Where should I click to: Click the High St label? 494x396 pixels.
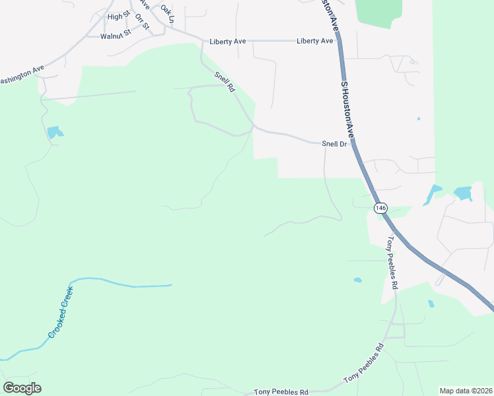point(119,16)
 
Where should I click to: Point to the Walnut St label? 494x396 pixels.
point(116,36)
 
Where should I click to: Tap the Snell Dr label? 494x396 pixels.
point(334,144)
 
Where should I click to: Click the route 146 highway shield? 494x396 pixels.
point(380,208)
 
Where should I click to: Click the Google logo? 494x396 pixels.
point(22,388)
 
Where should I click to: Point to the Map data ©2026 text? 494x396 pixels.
point(466,391)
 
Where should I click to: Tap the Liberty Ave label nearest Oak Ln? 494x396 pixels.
point(228,41)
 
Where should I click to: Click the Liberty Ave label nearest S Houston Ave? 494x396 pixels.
point(315,41)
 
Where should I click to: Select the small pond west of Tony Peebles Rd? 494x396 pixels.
point(357,280)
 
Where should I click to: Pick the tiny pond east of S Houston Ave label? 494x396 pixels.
point(419,119)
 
